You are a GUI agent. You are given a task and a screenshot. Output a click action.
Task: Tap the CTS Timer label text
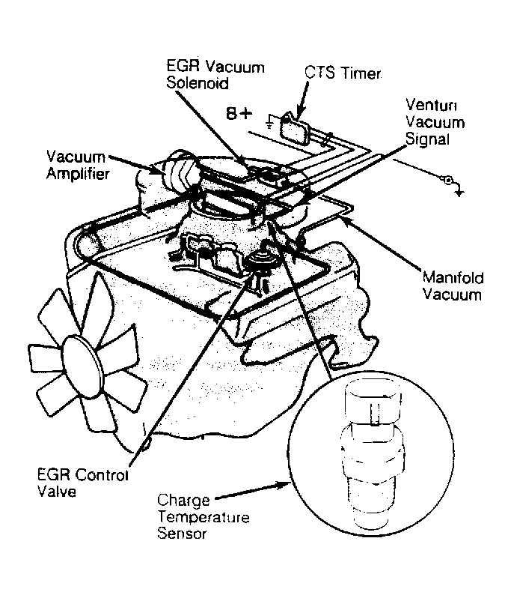343,73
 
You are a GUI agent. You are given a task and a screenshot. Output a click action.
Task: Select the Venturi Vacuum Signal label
435,121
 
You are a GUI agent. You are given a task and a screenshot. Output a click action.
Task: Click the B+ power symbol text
240,115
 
